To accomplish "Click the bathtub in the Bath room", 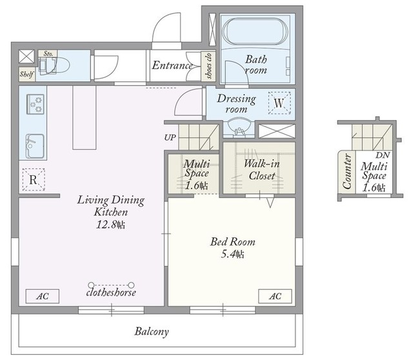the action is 254,32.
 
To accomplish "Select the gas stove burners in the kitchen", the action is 35,105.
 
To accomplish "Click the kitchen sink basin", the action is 35,146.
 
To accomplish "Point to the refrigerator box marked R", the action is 34,179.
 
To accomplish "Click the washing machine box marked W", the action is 279,103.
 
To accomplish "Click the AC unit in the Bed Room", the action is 275,296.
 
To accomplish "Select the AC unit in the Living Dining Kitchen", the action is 43,296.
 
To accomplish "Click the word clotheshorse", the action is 111,292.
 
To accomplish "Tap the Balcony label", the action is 152,332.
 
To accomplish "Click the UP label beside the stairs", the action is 170,137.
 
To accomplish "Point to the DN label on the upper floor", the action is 383,155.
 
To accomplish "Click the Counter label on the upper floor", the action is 347,172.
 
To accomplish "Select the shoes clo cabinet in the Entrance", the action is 208,66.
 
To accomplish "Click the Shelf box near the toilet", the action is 26,74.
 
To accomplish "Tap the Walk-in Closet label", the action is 261,170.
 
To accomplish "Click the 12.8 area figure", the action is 110,225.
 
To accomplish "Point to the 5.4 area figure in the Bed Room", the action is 232,254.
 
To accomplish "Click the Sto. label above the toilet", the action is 48,54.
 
